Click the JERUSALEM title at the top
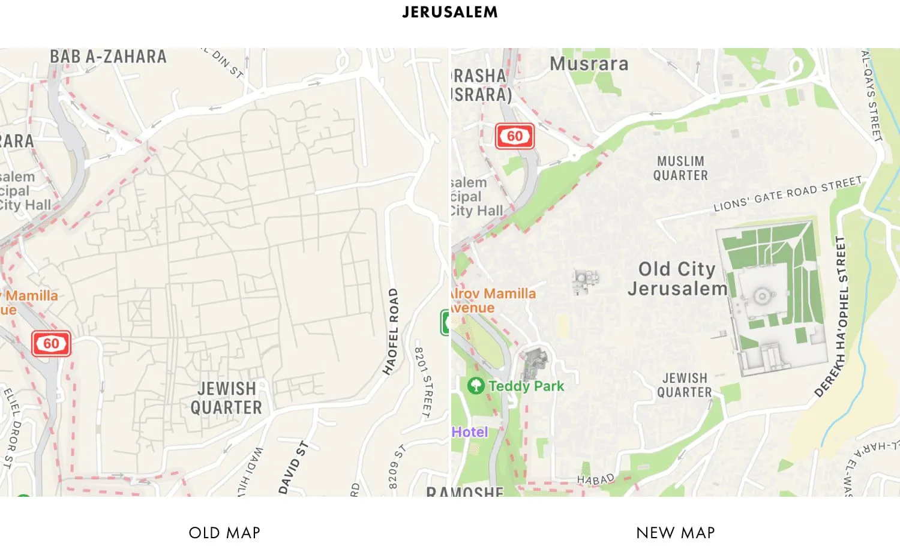[x=449, y=12]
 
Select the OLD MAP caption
[x=224, y=533]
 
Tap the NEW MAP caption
[x=675, y=533]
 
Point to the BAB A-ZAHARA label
[x=108, y=57]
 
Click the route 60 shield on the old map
[x=51, y=344]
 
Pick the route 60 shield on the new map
[x=514, y=137]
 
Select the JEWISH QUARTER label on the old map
[x=226, y=398]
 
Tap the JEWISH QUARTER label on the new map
[x=685, y=385]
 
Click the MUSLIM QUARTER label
[x=680, y=169]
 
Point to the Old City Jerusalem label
[x=677, y=279]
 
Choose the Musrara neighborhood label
[x=589, y=64]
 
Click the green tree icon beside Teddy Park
[x=475, y=385]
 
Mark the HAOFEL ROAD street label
[x=391, y=331]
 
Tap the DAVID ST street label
[x=293, y=467]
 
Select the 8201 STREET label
[x=423, y=382]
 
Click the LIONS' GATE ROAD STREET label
[x=787, y=194]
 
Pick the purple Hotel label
[x=470, y=432]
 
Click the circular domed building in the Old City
[x=761, y=296]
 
